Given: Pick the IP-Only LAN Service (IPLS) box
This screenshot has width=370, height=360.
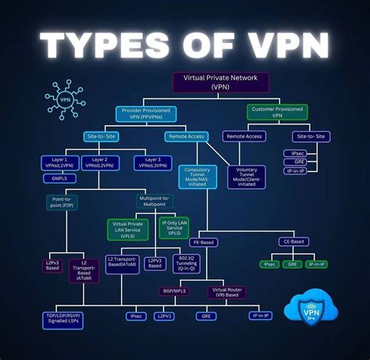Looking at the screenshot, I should click(x=174, y=229).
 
